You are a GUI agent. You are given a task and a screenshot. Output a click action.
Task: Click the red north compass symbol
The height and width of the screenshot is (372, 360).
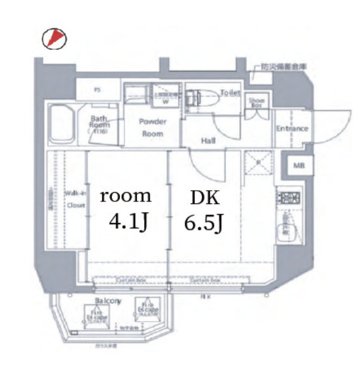tap(54, 39)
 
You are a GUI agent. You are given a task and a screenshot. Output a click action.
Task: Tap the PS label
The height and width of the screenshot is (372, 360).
tap(97, 90)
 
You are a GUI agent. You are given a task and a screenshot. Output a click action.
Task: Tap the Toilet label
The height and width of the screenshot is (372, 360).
tap(230, 93)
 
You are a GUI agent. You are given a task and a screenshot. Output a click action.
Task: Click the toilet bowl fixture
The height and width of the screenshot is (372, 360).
tap(203, 99)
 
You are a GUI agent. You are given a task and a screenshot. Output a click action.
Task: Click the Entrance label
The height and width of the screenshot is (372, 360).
tap(292, 129)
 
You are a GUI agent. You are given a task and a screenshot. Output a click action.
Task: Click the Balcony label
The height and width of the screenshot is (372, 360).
tap(108, 301)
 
